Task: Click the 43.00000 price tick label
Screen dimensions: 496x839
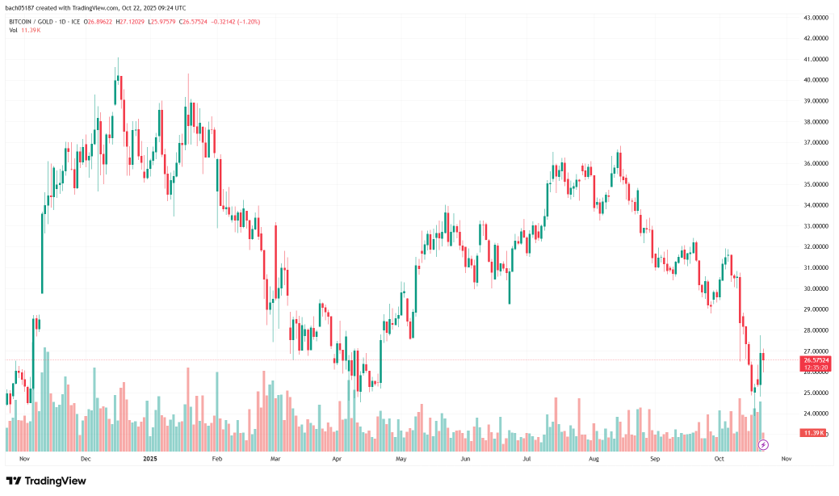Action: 818,17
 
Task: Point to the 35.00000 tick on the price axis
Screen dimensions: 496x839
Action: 818,184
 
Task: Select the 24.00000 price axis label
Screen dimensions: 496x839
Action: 818,414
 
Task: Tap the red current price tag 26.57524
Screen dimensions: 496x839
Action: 816,360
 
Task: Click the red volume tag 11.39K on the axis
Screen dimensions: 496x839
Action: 813,433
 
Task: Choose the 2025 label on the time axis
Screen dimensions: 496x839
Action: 149,458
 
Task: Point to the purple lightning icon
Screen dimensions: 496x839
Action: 763,444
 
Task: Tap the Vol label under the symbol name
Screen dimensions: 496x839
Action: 14,31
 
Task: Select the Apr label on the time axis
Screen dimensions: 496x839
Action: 336,458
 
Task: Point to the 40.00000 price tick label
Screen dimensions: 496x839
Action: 818,80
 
